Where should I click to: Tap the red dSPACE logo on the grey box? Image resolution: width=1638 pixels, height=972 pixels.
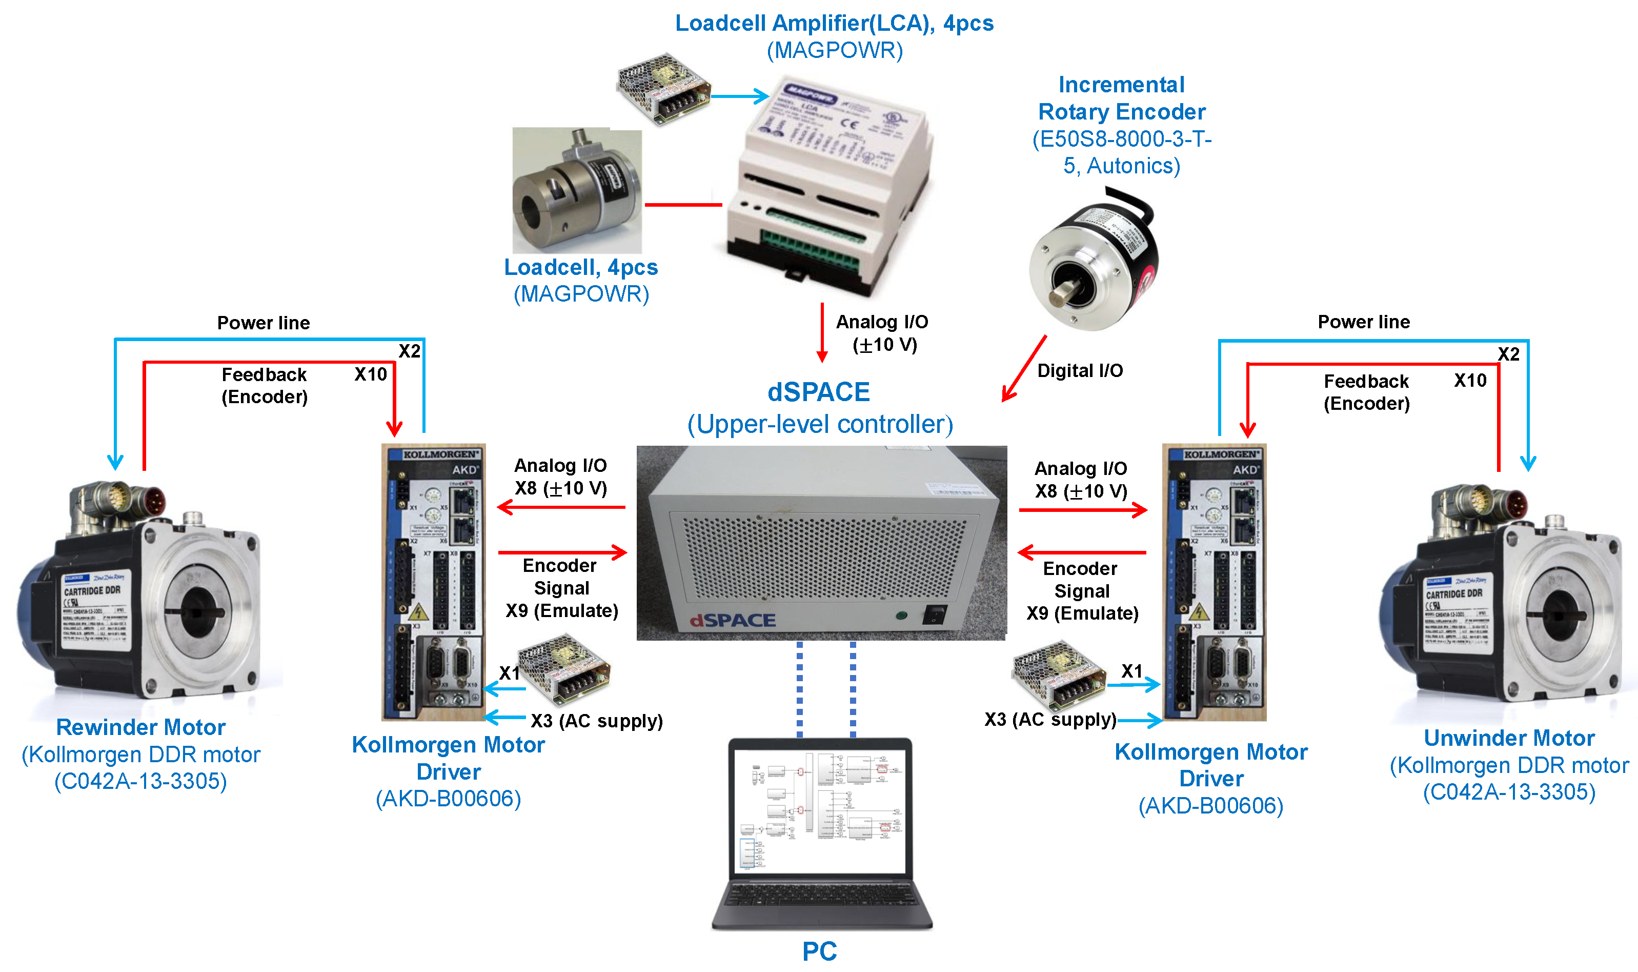(x=733, y=620)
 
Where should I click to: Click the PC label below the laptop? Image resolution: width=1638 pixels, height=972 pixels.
(x=819, y=950)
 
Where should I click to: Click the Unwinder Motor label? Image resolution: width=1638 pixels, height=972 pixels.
(x=1508, y=738)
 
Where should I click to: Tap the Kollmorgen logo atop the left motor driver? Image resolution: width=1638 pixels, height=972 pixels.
(x=440, y=454)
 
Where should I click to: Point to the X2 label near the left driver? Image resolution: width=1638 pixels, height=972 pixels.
(x=409, y=351)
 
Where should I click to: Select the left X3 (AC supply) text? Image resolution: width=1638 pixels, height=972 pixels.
(x=596, y=721)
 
